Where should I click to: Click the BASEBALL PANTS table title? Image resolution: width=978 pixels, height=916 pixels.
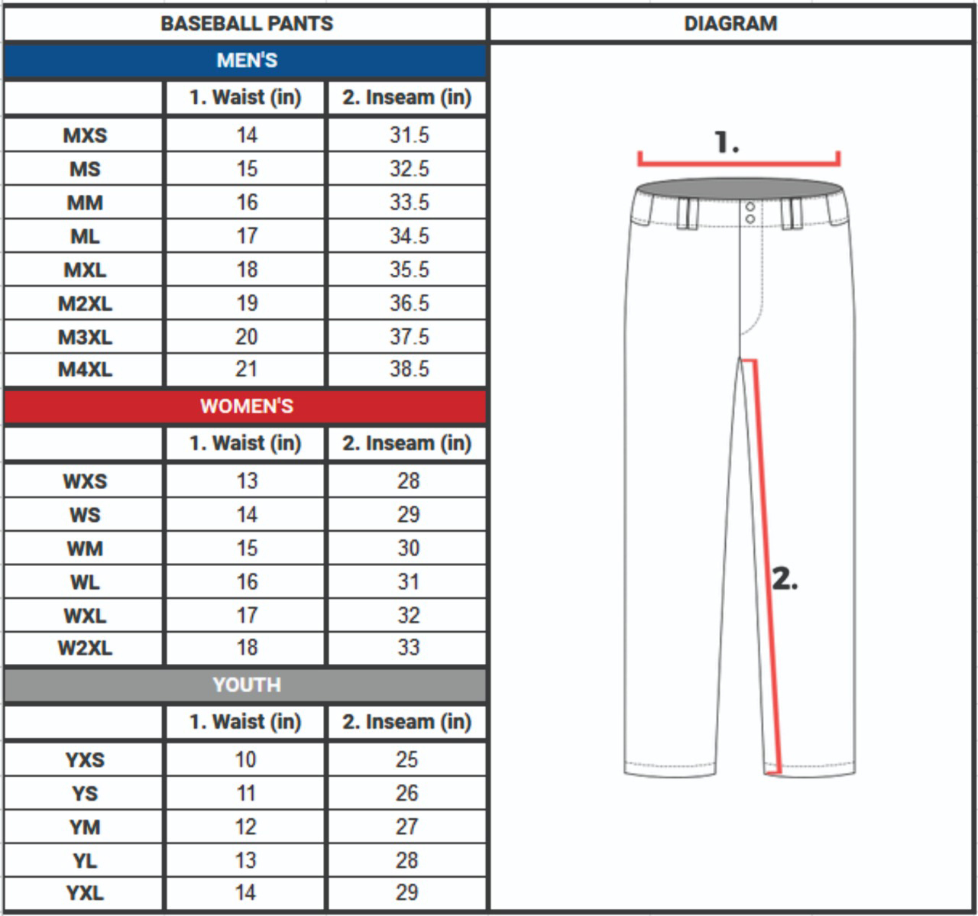247,24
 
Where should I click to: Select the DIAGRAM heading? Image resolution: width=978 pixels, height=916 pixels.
730,24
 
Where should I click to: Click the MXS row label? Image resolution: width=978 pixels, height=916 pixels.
85,135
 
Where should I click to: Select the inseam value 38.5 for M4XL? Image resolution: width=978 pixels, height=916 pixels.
410,369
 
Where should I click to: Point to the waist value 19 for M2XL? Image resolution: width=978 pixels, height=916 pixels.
247,303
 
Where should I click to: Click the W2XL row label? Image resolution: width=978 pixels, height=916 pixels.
85,648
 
